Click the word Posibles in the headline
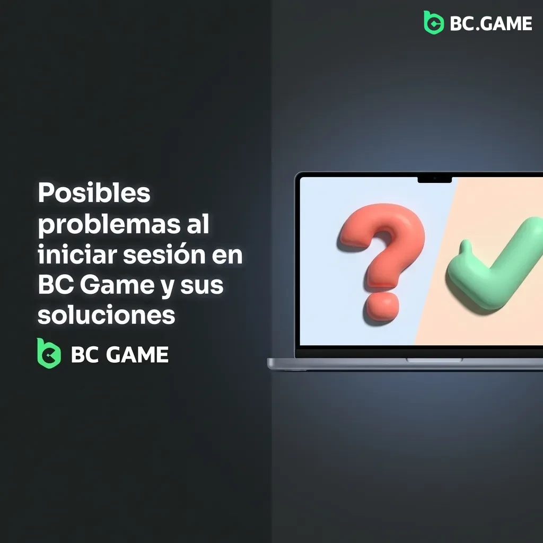coord(94,194)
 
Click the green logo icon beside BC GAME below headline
coord(49,354)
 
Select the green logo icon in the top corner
coord(433,23)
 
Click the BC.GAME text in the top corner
coord(491,24)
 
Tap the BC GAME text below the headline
coord(119,355)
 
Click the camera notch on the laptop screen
coord(434,180)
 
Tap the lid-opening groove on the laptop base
coord(434,360)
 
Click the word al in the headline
coord(198,225)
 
